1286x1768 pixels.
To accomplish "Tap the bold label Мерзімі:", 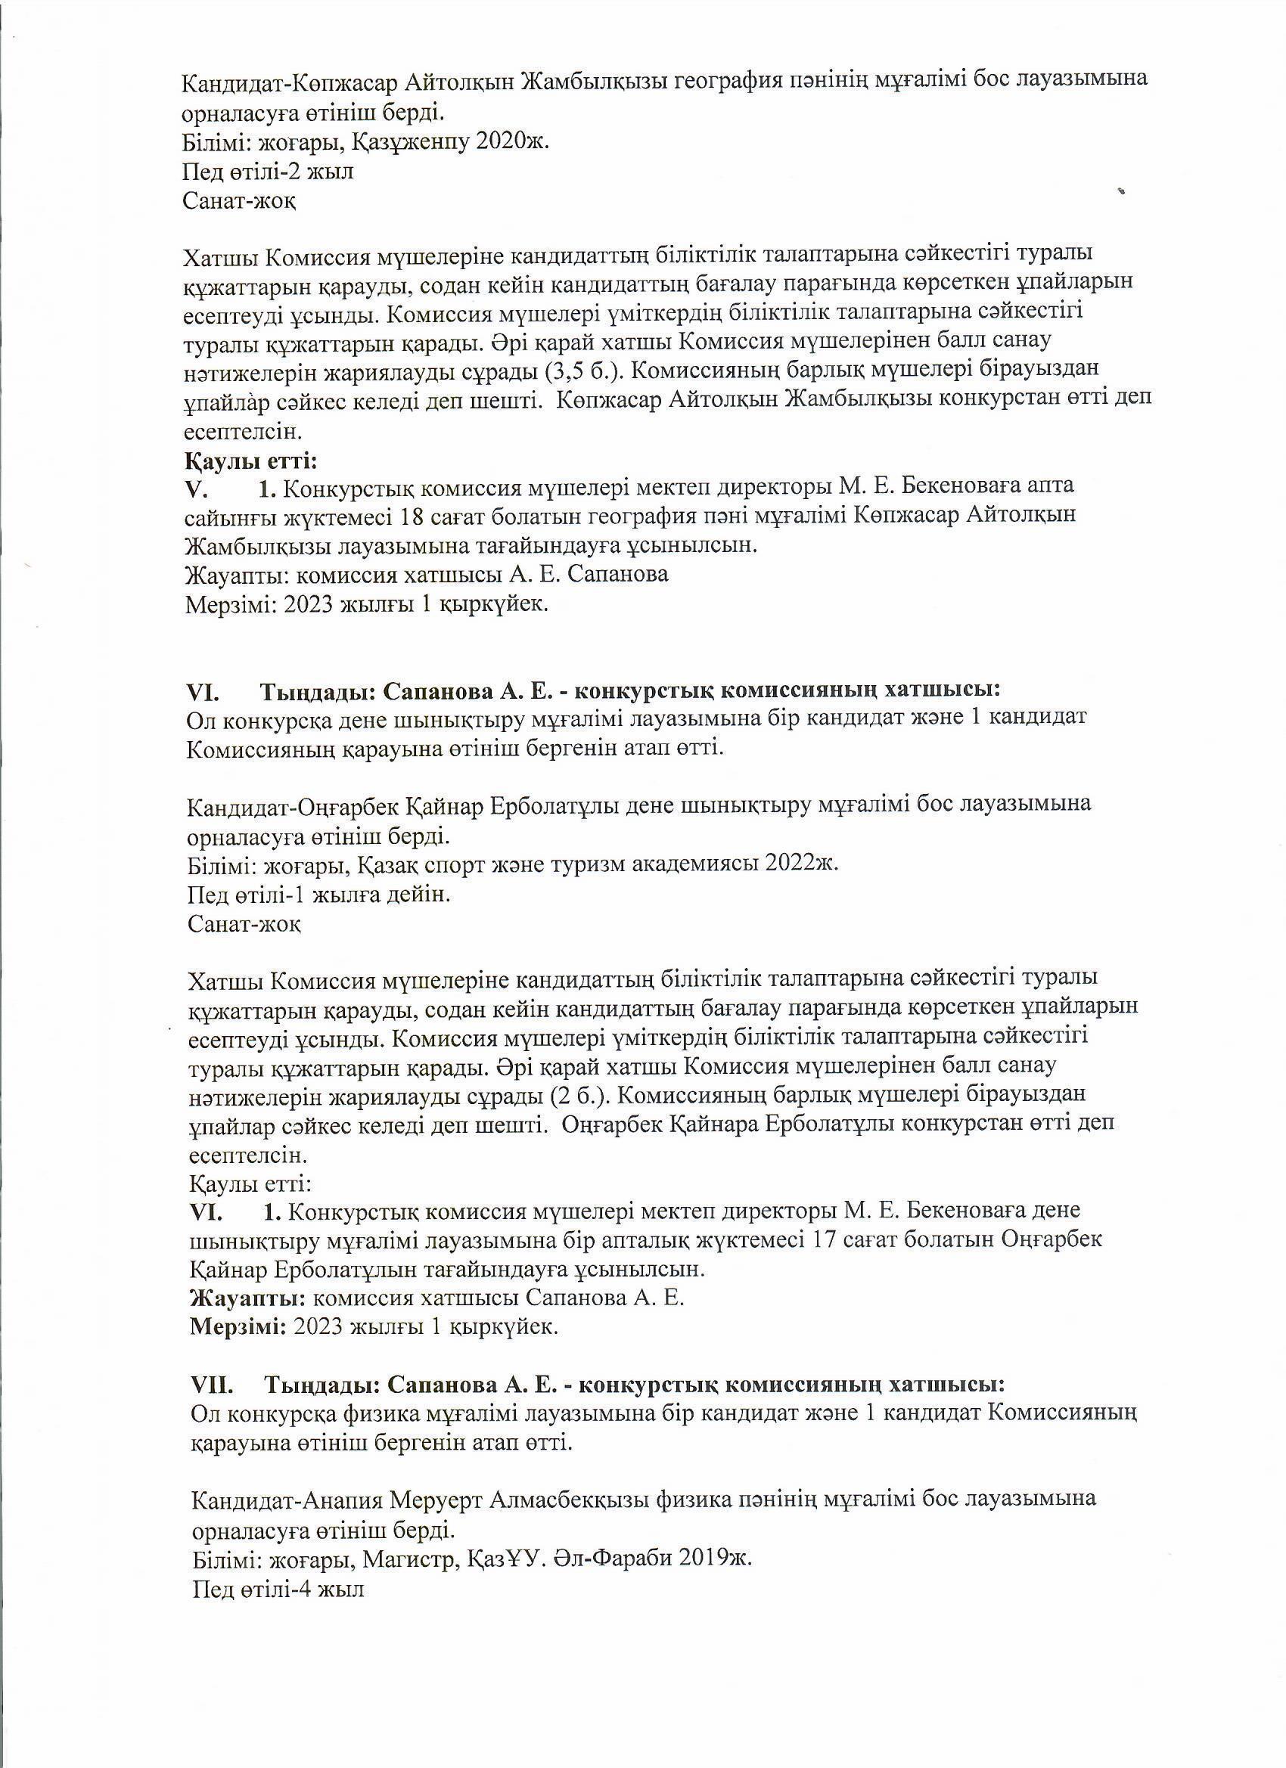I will click(238, 1327).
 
